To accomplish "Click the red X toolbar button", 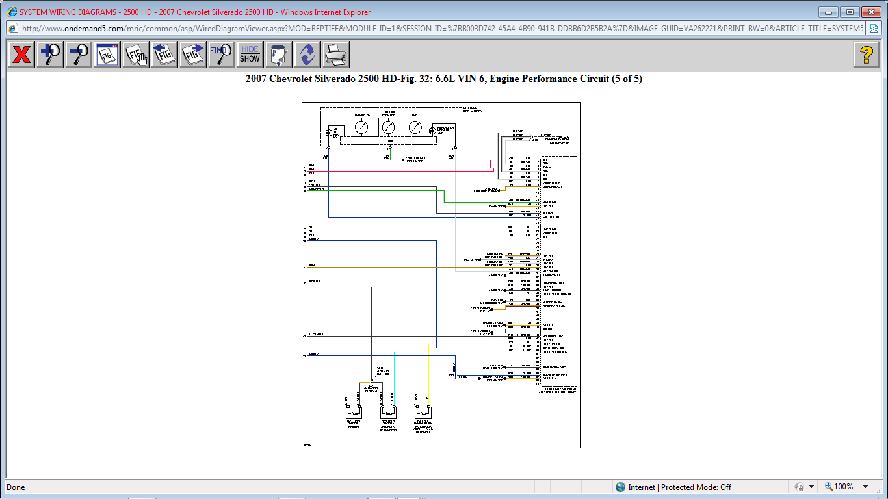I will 21,55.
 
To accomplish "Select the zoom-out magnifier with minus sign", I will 79,55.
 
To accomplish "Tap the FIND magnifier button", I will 222,55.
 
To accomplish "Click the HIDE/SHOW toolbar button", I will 250,55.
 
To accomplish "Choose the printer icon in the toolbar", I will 335,55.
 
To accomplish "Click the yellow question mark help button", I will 866,55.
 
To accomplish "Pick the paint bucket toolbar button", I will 278,55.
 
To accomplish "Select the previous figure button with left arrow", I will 164,55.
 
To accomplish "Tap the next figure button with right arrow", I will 193,55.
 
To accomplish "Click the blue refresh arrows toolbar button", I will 307,55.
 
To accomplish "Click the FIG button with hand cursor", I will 136,55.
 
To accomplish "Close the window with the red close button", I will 871,12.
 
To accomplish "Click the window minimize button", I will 828,12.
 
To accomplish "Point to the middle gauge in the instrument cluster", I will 387,127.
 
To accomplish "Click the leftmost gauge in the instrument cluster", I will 361,127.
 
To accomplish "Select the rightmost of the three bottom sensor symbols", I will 424,412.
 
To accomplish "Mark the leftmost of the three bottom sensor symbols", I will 355,412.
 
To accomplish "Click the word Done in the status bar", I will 16,487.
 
